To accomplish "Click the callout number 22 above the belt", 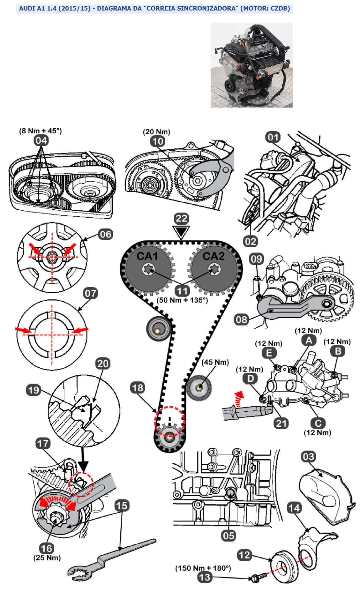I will pos(182,219).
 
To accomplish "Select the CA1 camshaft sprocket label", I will pos(147,256).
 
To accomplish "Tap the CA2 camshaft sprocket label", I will pos(214,256).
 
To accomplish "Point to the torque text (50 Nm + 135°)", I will pos(182,300).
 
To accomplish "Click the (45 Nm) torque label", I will pos(215,362).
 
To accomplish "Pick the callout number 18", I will pos(138,388).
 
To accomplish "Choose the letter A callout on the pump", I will pos(309,340).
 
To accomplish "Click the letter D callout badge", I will pos(250,379).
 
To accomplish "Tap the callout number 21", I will pos(281,423).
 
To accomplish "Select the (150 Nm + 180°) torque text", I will pos(203,568).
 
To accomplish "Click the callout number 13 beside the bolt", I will pos(205,577).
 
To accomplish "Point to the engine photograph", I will pos(251,65).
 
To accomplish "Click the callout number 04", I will pos(41,140).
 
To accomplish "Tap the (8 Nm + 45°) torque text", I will pos(40,131).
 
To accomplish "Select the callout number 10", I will pos(157,141).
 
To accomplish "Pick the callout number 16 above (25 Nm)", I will pos(46,548).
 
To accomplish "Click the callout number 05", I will pos(229,535).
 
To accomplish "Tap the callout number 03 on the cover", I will pos(308,457).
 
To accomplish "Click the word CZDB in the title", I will pos(279,8).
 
